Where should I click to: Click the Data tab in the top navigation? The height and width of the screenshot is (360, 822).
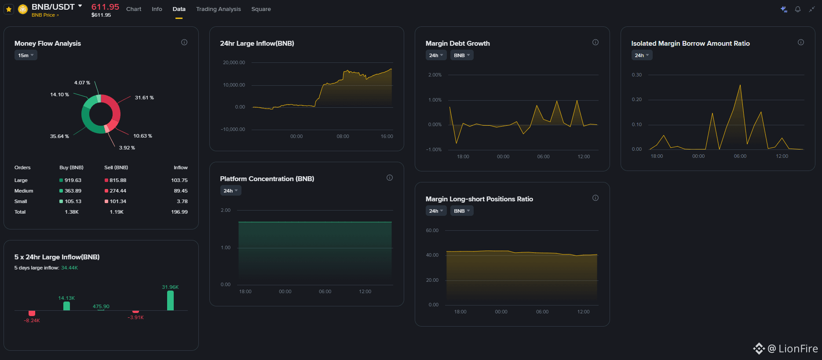tap(179, 9)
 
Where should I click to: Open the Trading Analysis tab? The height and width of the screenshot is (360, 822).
tap(218, 9)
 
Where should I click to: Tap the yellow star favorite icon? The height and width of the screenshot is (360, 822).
tap(9, 9)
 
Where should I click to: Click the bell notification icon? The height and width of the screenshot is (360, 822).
tap(798, 9)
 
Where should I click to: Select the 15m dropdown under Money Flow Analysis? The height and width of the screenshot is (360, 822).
tap(26, 55)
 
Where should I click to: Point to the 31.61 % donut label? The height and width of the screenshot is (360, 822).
tap(144, 98)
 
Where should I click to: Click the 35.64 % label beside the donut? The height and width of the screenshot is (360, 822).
tap(59, 136)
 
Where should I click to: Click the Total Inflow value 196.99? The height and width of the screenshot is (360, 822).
tap(179, 212)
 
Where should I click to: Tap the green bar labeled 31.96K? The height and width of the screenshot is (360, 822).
tap(170, 301)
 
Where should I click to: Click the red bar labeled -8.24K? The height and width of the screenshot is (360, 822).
tap(32, 313)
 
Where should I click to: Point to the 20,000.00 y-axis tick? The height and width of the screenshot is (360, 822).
tap(234, 62)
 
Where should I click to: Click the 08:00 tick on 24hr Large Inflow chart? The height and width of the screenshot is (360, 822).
tap(343, 136)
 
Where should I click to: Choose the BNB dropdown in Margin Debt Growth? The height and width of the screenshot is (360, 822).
tap(462, 55)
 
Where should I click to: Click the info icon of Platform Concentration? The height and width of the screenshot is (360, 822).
tap(390, 178)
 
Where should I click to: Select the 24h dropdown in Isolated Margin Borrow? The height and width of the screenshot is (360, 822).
tap(642, 55)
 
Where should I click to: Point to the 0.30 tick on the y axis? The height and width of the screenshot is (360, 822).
tap(637, 75)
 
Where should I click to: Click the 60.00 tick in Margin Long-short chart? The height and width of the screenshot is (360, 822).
tap(432, 230)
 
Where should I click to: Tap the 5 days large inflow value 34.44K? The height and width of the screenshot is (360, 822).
tap(69, 268)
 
